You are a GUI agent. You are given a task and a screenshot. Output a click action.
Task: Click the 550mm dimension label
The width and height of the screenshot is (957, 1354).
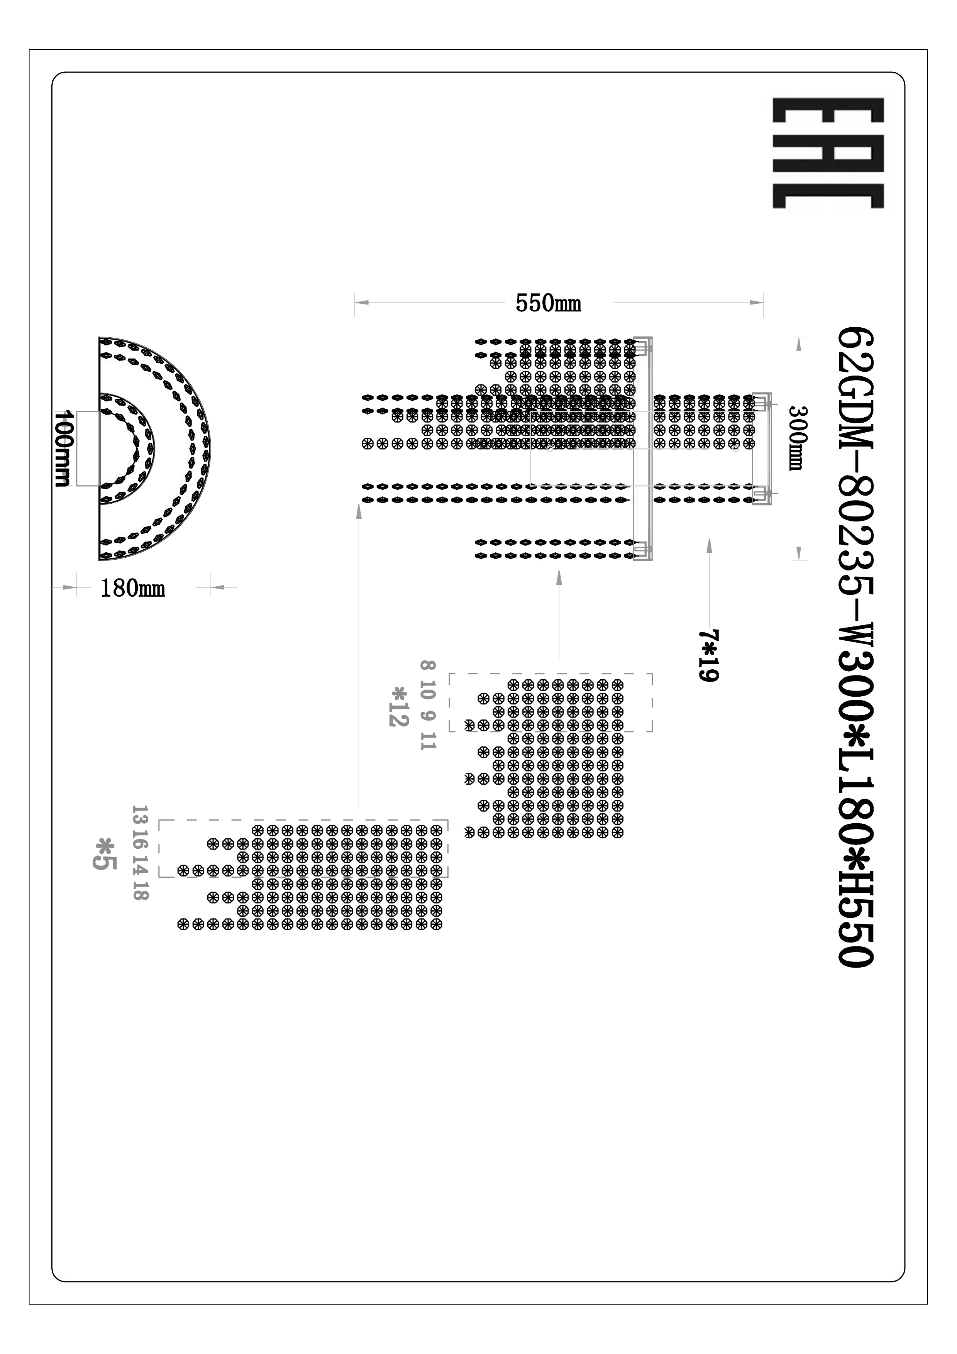tap(548, 304)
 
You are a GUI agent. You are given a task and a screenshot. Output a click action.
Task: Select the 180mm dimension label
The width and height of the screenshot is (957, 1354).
tap(133, 588)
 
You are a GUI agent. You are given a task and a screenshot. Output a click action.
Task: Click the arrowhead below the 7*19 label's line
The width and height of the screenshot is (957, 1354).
tap(709, 545)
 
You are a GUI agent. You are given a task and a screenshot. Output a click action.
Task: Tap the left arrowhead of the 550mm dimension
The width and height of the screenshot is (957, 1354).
tap(361, 303)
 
